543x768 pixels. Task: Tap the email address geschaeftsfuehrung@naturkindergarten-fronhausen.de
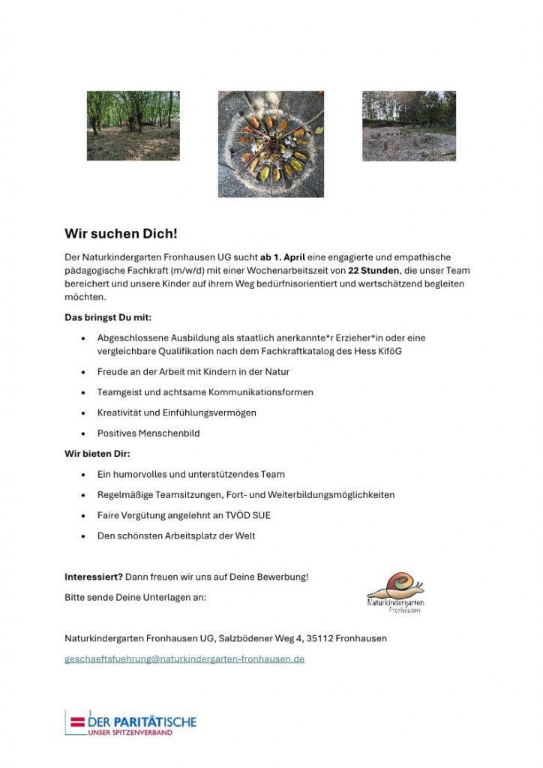coord(184,659)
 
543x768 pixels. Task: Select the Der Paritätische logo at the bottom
coord(130,723)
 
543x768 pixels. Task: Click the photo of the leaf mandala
coord(271,144)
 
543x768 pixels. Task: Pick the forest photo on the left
coord(133,126)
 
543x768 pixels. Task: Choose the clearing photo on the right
coord(409,126)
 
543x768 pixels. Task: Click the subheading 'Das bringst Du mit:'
coord(108,317)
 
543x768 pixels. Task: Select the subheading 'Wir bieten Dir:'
coord(97,454)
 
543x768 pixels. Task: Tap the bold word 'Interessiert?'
coord(94,577)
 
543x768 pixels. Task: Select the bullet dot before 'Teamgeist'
coord(82,392)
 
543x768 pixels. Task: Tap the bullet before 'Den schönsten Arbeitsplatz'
coord(82,536)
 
